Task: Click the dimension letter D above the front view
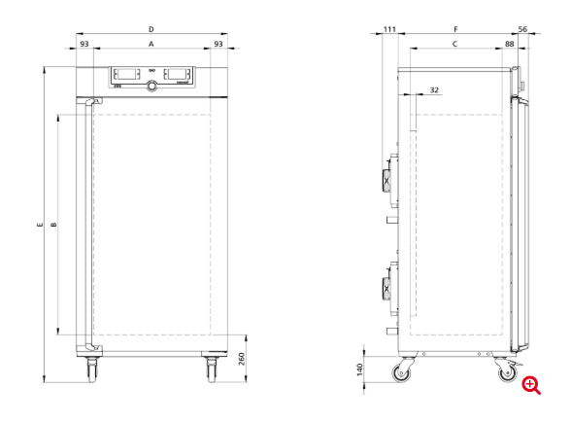coord(151,30)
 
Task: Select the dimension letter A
coord(151,45)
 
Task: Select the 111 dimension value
coord(389,30)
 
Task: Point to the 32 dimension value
coord(433,89)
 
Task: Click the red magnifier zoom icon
coord(531,385)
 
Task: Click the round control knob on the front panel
coord(151,88)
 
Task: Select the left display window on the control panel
coord(126,74)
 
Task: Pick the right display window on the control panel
coord(177,74)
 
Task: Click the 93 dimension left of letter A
coord(84,45)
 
